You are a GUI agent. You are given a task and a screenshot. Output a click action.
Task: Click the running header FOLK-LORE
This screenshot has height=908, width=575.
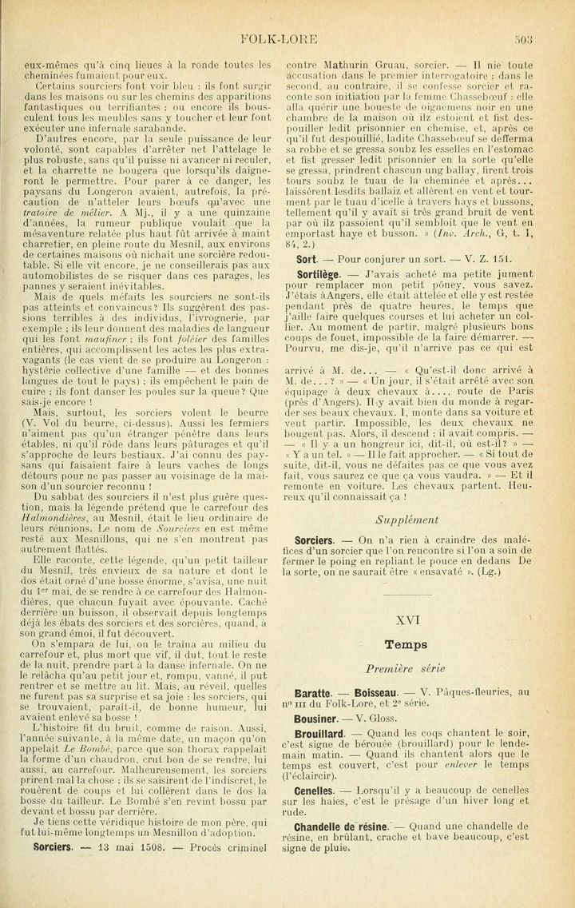pyautogui.click(x=287, y=37)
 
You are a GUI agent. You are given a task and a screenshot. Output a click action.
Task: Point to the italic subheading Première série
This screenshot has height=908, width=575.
pyautogui.click(x=407, y=668)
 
